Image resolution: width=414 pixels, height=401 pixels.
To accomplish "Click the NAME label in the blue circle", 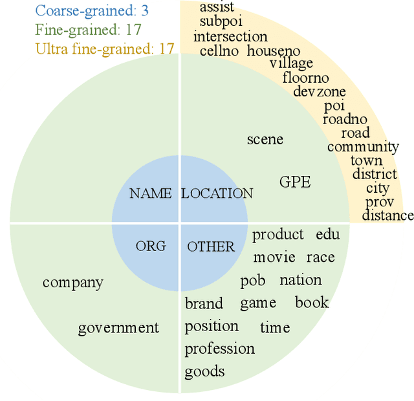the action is tap(151, 193).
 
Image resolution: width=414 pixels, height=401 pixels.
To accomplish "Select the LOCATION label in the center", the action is tap(217, 193).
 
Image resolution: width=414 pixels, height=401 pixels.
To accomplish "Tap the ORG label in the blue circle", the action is tap(151, 246).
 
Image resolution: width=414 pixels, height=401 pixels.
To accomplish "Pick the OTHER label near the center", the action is tap(211, 246).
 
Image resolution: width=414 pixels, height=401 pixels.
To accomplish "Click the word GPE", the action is tap(295, 182).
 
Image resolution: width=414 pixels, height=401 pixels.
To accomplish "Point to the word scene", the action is tap(265, 139).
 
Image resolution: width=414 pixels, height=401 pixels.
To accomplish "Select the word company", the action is tap(73, 282).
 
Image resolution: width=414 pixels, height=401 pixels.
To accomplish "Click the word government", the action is tap(118, 328).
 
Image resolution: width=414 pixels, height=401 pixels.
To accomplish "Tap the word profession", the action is tap(220, 349).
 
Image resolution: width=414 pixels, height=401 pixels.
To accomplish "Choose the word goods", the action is tap(204, 371).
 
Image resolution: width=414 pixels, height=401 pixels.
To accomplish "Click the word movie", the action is tap(274, 257).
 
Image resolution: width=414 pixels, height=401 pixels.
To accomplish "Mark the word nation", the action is tap(301, 280).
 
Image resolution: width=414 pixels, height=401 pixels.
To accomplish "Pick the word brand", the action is tap(204, 303).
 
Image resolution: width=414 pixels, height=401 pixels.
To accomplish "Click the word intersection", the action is tap(230, 36).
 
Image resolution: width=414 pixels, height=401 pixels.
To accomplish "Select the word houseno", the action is tap(274, 50).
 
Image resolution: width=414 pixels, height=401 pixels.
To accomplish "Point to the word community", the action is tap(363, 147).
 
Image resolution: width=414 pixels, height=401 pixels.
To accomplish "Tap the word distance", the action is tap(387, 215).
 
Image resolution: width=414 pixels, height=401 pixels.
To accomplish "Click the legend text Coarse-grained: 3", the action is tap(92, 10).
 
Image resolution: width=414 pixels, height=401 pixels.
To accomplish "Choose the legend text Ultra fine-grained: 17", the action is tap(105, 49).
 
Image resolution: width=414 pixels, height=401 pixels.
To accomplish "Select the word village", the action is tap(291, 63).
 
